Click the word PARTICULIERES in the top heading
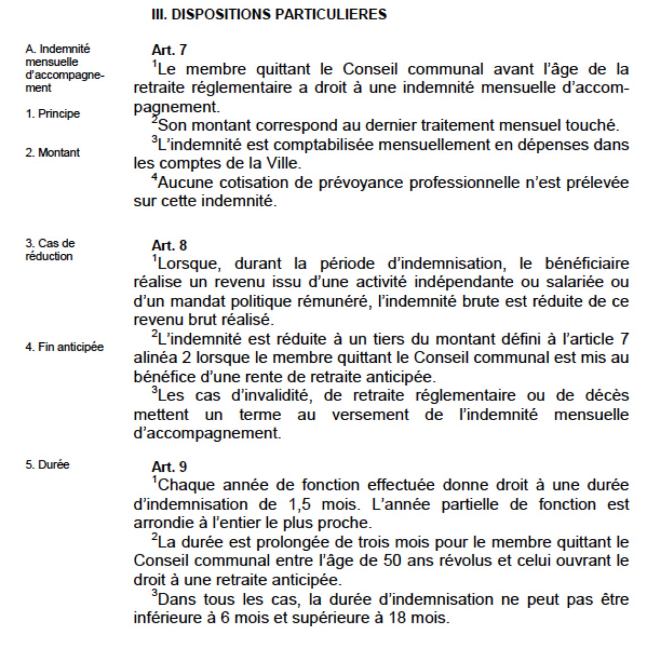click(x=330, y=14)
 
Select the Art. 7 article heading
click(x=169, y=50)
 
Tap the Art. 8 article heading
click(x=169, y=245)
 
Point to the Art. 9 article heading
click(x=169, y=467)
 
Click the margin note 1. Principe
click(x=53, y=114)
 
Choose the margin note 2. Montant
click(x=53, y=152)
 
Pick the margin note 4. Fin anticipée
click(x=64, y=346)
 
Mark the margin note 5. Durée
click(x=47, y=464)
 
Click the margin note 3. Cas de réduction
click(x=49, y=249)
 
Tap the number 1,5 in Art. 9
click(x=293, y=504)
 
